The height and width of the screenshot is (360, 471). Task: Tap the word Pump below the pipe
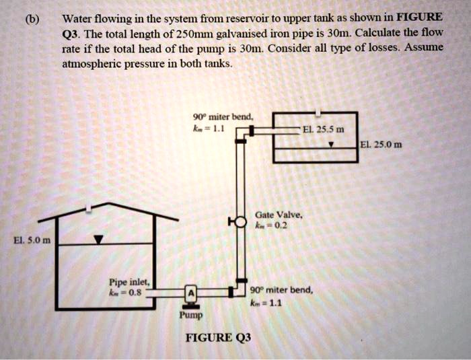click(190, 314)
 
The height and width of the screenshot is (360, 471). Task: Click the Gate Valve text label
click(272, 214)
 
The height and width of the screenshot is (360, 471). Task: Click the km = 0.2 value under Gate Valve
click(270, 226)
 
